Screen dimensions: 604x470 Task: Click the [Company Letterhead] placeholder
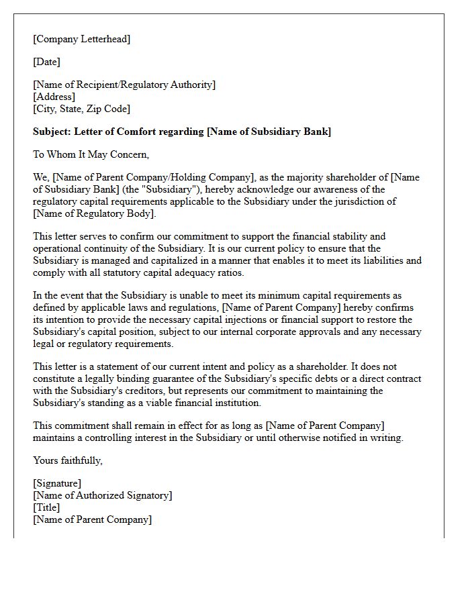tap(82, 39)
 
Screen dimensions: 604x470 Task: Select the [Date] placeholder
tap(46, 62)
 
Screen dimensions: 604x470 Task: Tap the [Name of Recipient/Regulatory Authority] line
tap(124, 85)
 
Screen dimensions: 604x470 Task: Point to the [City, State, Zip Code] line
tap(81, 109)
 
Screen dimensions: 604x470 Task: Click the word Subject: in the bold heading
tap(53, 132)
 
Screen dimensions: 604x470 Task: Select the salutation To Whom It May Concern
tap(91, 154)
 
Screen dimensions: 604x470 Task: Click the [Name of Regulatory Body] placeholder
tap(94, 213)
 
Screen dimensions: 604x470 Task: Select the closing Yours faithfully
tap(67, 460)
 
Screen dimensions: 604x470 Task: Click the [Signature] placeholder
tap(57, 483)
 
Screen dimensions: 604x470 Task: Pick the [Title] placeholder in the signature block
tap(46, 507)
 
